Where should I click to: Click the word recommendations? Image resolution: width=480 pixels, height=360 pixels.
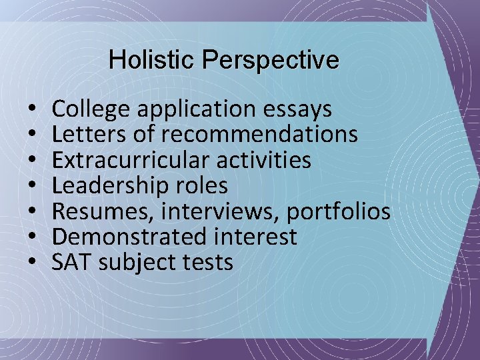(259, 135)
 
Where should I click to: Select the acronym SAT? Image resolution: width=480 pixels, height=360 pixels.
(72, 262)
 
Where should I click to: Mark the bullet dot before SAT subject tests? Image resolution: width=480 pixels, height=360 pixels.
(32, 263)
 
